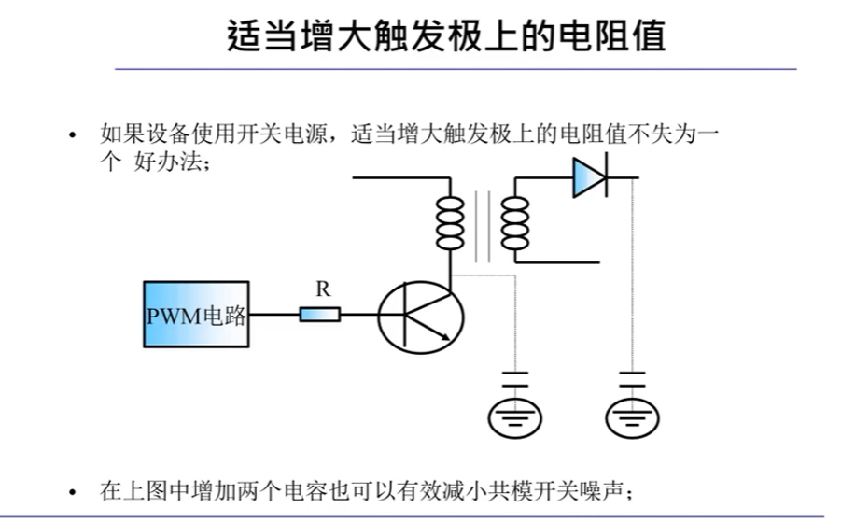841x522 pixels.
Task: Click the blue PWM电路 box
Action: (197, 315)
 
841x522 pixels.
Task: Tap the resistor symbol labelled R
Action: (320, 315)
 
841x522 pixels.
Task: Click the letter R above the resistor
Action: (323, 290)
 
